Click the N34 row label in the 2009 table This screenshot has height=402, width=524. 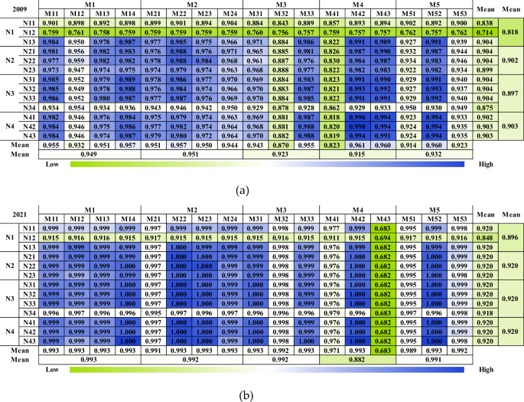click(30, 109)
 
